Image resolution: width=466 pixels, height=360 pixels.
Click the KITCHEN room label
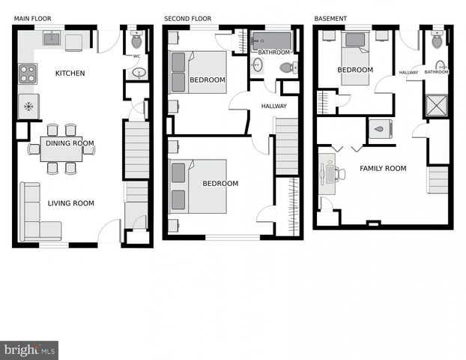(x=70, y=73)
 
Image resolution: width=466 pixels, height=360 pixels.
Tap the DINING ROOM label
(x=70, y=143)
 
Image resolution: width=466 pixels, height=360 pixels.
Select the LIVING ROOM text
(x=71, y=203)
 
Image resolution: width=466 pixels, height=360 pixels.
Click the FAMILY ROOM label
(x=383, y=169)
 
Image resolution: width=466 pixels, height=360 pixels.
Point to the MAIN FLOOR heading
(x=33, y=18)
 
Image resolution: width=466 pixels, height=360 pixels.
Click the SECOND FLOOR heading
(x=187, y=18)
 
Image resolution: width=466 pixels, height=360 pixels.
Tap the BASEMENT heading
(x=330, y=18)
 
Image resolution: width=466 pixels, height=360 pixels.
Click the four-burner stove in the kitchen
(x=28, y=73)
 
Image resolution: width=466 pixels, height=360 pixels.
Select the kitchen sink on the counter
(x=52, y=37)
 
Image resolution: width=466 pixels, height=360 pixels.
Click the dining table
(x=61, y=149)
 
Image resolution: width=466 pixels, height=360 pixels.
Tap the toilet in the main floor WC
(x=136, y=39)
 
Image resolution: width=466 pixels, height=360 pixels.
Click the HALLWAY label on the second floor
(x=273, y=106)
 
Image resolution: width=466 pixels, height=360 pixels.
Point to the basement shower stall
(x=436, y=105)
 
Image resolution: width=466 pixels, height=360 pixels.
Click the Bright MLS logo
(x=29, y=350)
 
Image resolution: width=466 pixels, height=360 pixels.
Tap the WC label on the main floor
(x=136, y=56)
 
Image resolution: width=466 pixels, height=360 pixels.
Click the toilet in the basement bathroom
(x=437, y=40)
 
